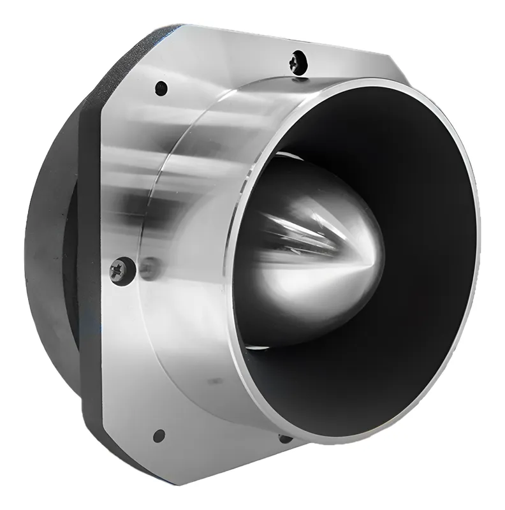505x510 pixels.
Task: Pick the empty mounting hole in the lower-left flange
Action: (159, 435)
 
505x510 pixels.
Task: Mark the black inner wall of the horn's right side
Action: (440, 255)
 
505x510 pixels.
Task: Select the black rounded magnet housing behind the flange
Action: (54, 255)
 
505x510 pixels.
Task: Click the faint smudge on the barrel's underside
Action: (210, 382)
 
